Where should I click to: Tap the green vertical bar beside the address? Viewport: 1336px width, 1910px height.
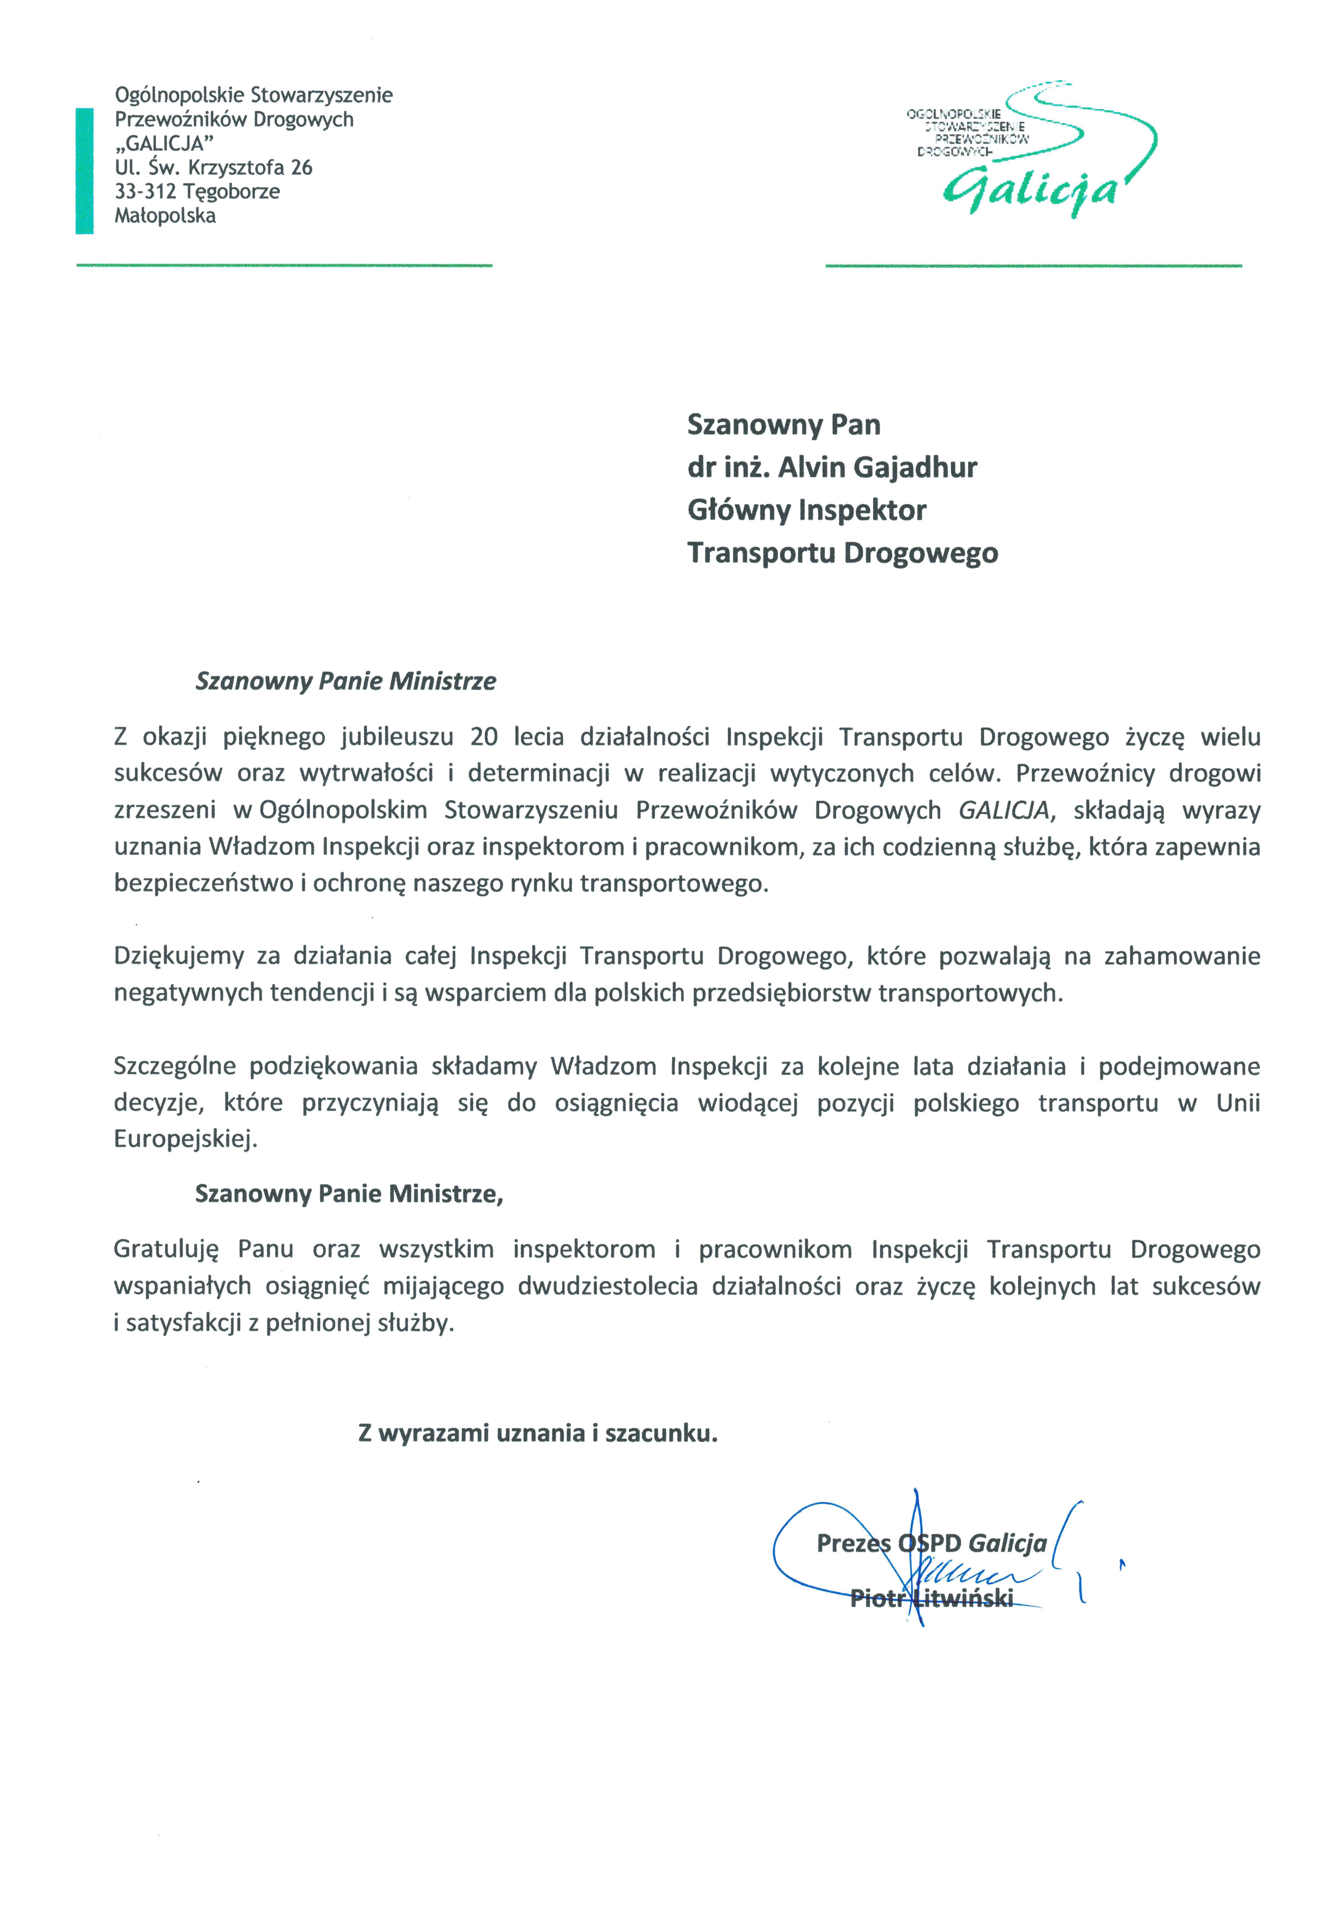tap(84, 171)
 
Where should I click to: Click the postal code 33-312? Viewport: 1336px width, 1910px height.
tap(146, 191)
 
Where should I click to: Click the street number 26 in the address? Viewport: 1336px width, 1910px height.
tap(301, 167)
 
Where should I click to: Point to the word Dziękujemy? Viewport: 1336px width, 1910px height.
tap(178, 957)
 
